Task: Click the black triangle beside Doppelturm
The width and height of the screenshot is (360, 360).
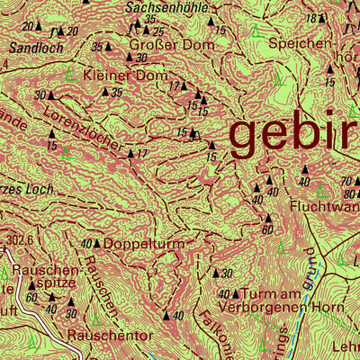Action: [x=98, y=244]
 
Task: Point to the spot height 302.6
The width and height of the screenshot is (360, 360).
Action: [x=18, y=240]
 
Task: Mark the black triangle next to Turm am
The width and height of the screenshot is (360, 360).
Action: [x=236, y=294]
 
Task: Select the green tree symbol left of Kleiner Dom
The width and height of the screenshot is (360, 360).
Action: [x=70, y=73]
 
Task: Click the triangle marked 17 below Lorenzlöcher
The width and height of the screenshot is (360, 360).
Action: [x=130, y=154]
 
